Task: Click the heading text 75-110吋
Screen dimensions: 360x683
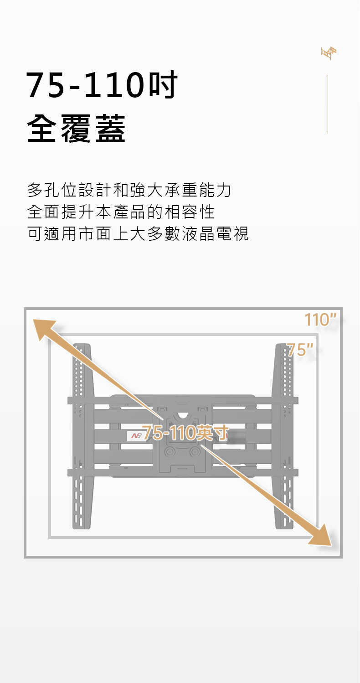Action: (x=102, y=84)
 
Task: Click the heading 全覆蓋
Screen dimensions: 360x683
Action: (x=76, y=129)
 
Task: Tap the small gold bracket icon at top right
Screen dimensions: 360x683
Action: (x=329, y=53)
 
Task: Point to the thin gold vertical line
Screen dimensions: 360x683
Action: (x=328, y=104)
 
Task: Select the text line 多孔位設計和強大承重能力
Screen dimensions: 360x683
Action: (x=129, y=190)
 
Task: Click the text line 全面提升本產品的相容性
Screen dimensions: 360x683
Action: (x=121, y=212)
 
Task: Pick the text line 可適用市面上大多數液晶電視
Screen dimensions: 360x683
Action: (x=138, y=234)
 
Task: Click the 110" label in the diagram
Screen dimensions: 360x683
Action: (x=320, y=320)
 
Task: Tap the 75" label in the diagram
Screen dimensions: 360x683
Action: (x=300, y=349)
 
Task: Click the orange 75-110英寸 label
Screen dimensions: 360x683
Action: (x=185, y=433)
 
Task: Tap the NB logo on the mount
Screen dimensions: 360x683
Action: (x=134, y=436)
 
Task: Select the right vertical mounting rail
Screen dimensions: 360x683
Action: (x=283, y=436)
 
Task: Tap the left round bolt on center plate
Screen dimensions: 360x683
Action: (x=170, y=452)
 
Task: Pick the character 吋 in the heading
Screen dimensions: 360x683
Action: (x=163, y=84)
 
